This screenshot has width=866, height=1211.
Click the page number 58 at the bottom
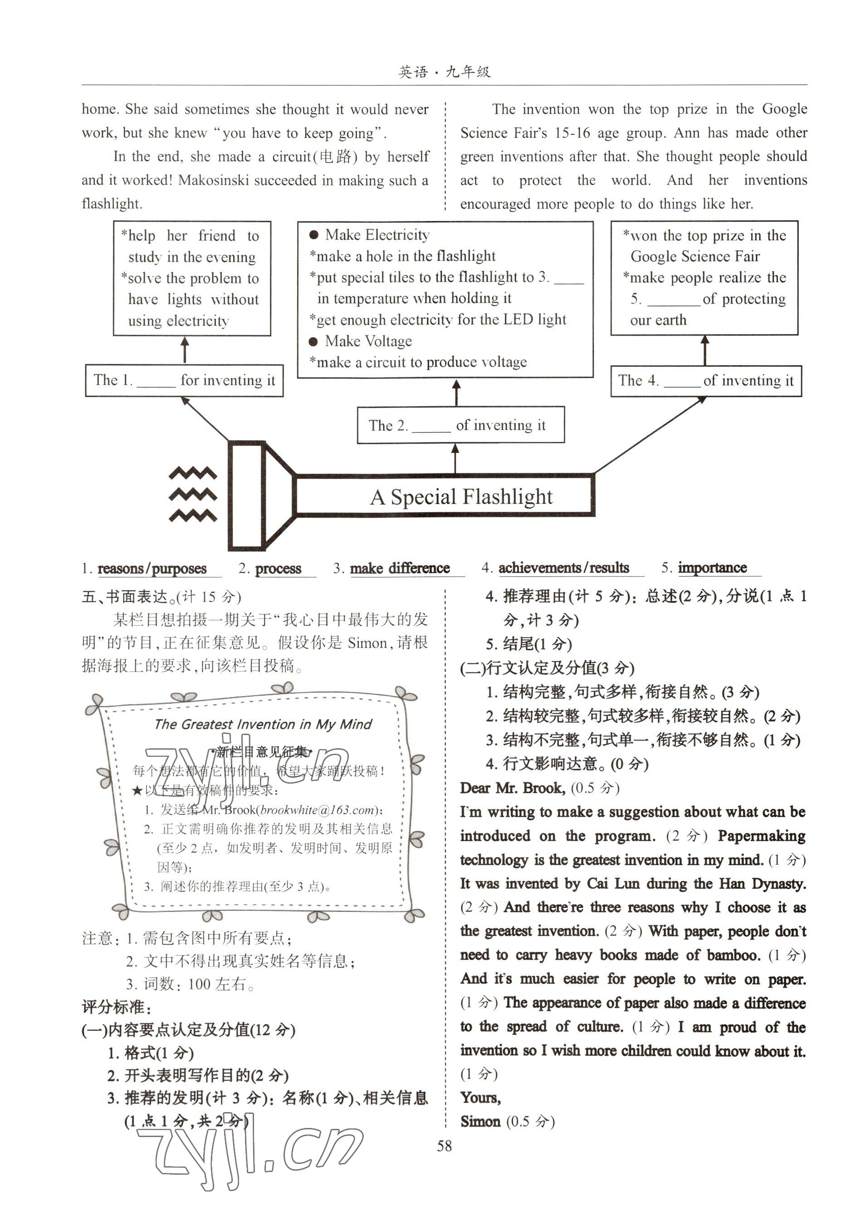point(444,1145)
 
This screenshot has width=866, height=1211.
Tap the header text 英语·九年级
point(444,71)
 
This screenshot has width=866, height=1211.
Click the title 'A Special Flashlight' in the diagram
point(461,496)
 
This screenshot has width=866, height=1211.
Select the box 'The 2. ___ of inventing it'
point(460,425)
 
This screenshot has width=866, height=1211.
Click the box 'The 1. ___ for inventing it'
point(184,380)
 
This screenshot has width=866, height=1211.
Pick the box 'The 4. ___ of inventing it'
point(705,381)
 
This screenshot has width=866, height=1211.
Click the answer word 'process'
point(278,569)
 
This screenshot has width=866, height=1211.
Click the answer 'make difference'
point(399,568)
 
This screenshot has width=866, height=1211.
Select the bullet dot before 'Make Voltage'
point(313,341)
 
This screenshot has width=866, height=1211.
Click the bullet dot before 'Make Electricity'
point(313,235)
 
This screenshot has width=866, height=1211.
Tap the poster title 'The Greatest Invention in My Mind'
point(263,724)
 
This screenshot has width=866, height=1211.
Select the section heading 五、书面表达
point(125,596)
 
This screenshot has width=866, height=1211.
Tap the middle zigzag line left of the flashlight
point(192,494)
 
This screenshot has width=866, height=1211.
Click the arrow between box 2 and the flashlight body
point(455,459)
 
